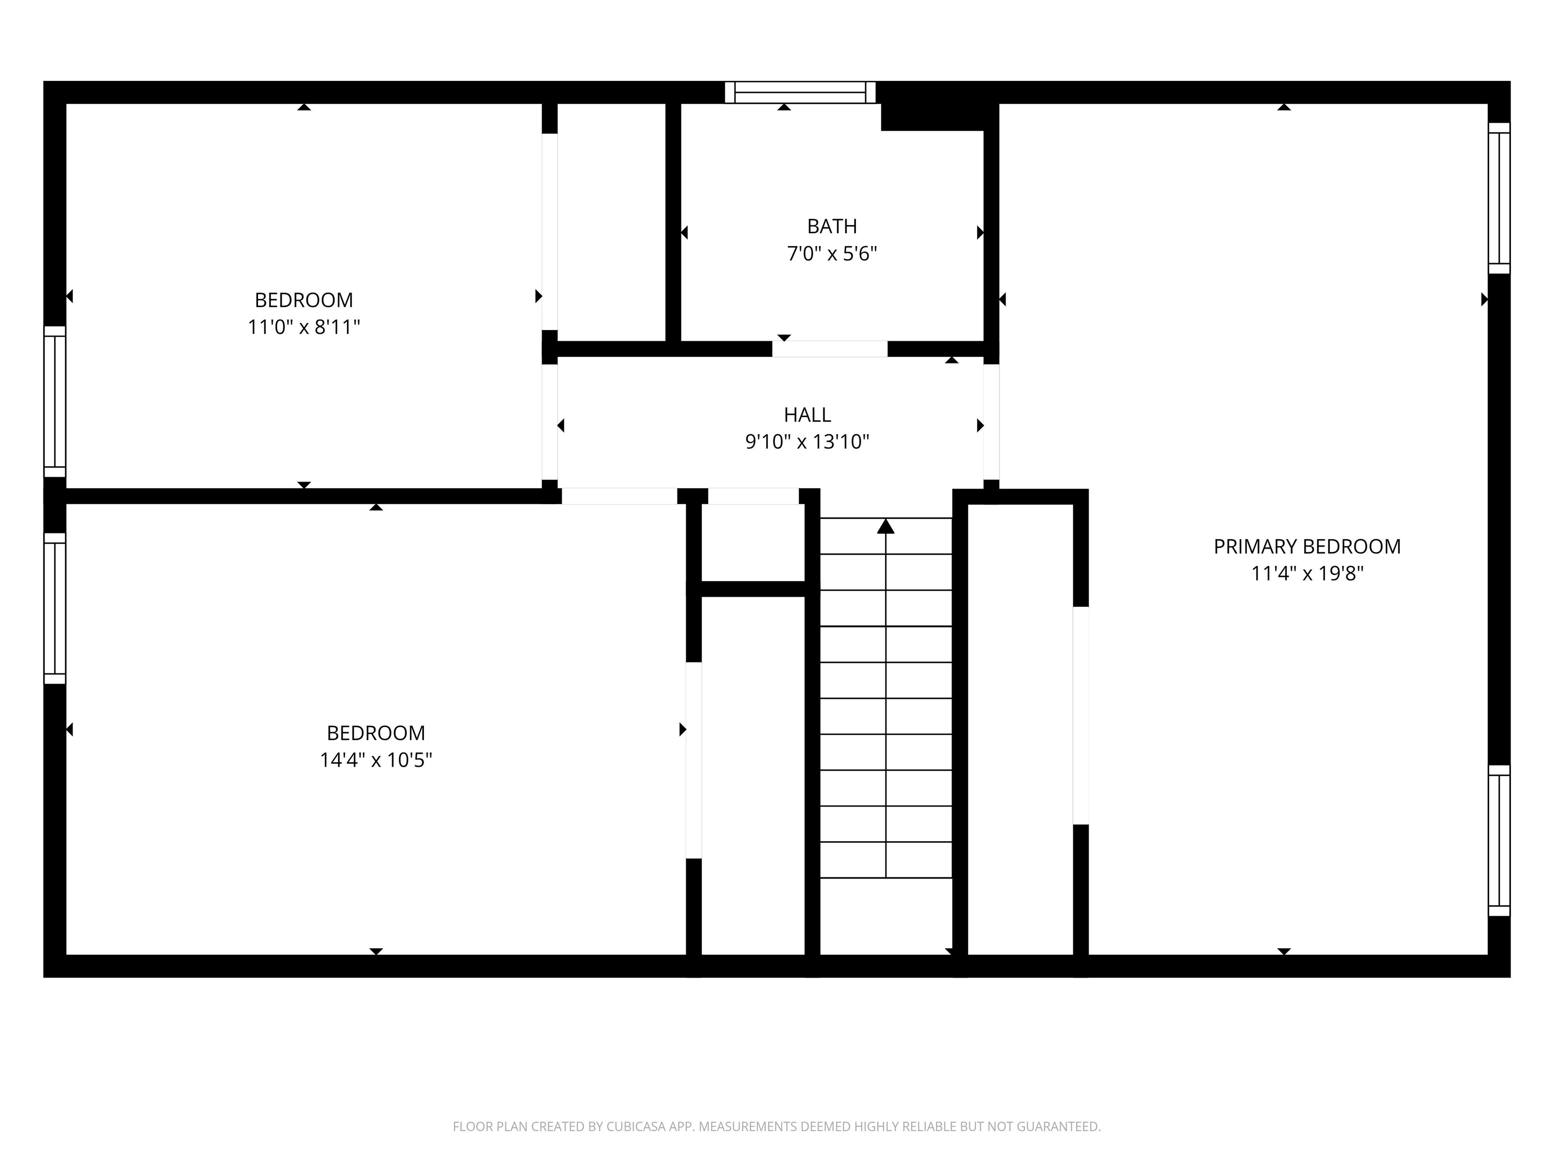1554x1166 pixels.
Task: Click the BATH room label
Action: pos(832,226)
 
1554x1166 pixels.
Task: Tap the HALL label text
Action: pos(807,414)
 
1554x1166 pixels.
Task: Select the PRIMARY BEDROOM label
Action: pos(1307,547)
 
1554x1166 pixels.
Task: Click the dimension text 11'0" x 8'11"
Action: pos(304,327)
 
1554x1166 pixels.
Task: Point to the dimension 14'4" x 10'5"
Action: pos(376,761)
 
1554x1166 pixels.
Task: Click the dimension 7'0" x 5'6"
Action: pos(832,254)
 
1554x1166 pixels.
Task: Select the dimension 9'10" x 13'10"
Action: pos(807,442)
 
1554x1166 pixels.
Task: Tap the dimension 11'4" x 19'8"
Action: pos(1307,574)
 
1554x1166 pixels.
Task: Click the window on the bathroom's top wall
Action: pos(800,92)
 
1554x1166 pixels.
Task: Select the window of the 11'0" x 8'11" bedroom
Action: pos(55,401)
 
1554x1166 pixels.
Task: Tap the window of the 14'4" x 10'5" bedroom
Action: pos(55,608)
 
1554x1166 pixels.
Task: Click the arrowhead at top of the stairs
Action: pos(886,526)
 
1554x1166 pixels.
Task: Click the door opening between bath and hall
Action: pos(830,349)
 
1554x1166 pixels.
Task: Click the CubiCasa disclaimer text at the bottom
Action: pos(776,1127)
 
